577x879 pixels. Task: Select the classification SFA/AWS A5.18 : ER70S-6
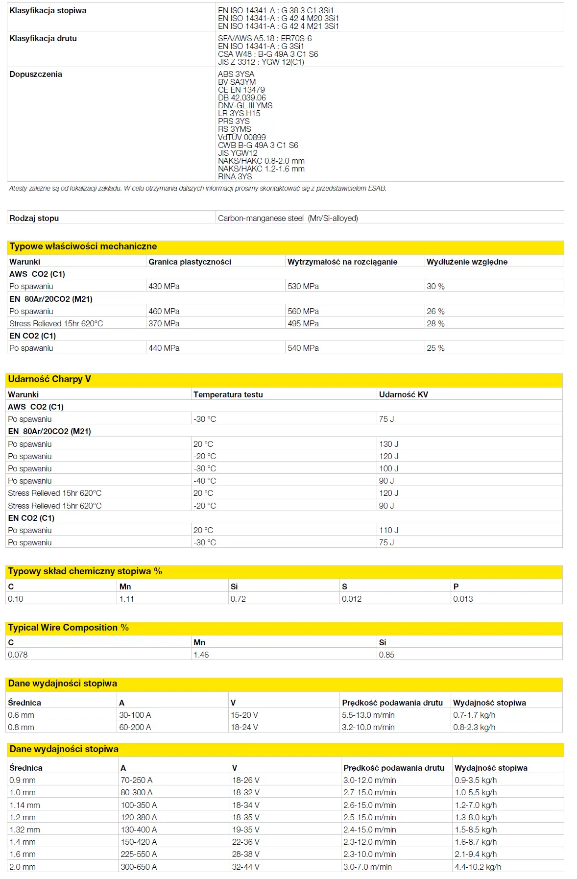click(264, 38)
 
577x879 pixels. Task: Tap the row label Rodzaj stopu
click(34, 218)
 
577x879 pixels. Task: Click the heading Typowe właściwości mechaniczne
click(83, 246)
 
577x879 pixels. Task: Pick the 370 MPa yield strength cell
click(164, 323)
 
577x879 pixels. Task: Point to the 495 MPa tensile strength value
click(303, 323)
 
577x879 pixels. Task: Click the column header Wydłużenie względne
click(467, 262)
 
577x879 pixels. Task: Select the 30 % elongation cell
click(435, 286)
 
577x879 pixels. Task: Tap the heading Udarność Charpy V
click(49, 379)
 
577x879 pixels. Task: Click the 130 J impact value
click(388, 444)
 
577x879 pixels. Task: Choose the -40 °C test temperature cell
click(204, 481)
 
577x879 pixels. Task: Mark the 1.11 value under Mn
click(126, 599)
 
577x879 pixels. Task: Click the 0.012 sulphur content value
click(352, 599)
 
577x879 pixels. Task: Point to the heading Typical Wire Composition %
click(69, 628)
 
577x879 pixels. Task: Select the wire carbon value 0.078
click(18, 655)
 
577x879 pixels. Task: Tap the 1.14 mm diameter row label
click(24, 805)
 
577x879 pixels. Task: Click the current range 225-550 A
click(139, 854)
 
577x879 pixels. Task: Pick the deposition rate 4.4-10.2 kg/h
click(478, 867)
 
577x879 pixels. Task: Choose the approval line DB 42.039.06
click(242, 98)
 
